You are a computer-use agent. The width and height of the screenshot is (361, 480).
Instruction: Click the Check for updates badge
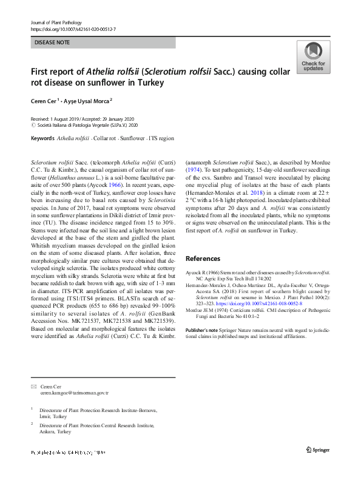coord(312,57)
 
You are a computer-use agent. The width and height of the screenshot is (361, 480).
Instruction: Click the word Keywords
coord(42,139)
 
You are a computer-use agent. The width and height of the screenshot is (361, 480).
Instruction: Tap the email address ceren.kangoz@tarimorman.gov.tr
coord(74,393)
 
